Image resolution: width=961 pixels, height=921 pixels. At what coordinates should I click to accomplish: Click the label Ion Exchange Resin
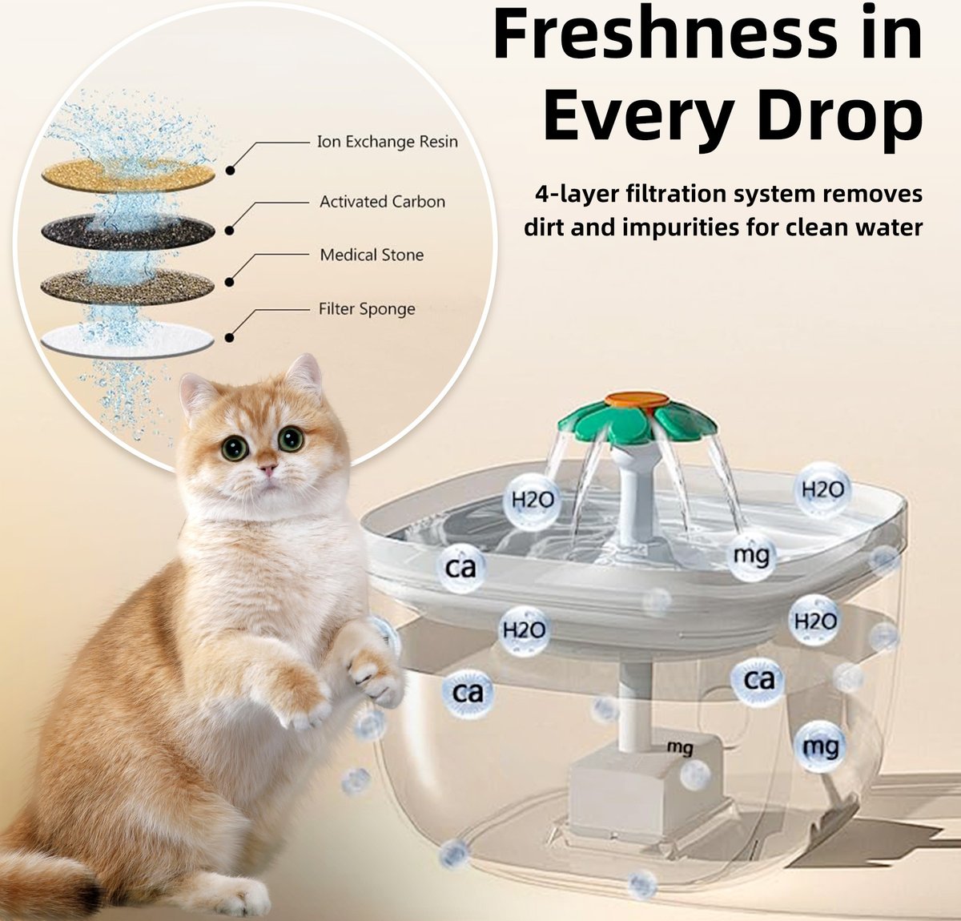(387, 143)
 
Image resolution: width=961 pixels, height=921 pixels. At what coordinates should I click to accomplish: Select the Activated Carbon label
(382, 202)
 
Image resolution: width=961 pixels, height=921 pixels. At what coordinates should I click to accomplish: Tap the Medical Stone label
(372, 255)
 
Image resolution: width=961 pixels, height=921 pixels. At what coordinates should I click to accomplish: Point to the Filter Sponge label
(367, 310)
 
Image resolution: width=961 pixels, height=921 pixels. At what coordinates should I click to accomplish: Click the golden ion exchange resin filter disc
(128, 175)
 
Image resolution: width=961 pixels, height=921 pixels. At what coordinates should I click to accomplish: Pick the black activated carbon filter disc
(128, 231)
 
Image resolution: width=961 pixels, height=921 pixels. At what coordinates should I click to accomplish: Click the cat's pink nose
(267, 469)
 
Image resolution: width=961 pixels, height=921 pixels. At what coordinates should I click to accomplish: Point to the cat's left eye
(291, 438)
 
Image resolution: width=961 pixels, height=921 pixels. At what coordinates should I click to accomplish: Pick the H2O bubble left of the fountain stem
(532, 501)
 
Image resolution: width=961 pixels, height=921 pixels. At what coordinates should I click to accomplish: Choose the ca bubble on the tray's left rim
(460, 568)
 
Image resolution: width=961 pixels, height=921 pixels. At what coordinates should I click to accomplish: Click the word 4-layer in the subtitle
(576, 193)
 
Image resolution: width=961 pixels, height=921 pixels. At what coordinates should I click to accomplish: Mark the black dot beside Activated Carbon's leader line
(229, 230)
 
